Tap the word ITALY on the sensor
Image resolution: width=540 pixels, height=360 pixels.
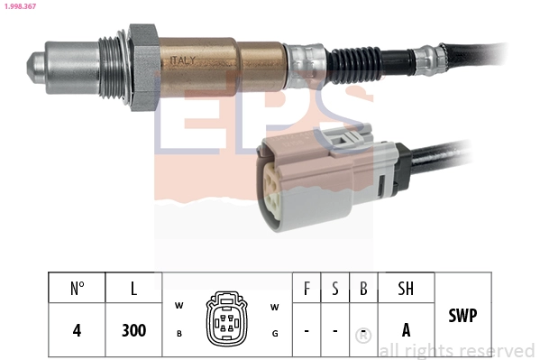tap(185, 60)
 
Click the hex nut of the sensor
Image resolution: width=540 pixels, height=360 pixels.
tap(143, 69)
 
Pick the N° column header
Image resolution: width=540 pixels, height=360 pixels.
tap(78, 289)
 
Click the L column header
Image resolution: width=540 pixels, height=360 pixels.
tap(133, 289)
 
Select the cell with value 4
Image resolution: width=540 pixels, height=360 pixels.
tap(78, 330)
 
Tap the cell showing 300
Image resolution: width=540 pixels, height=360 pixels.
tap(133, 330)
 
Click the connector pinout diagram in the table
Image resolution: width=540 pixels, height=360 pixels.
tap(226, 318)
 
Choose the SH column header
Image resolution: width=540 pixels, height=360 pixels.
tap(406, 289)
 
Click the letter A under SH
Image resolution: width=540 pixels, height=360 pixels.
tap(406, 330)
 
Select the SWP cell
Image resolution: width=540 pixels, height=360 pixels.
tap(462, 316)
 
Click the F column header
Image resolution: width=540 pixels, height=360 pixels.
tap(307, 289)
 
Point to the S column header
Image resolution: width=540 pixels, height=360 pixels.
tap(334, 289)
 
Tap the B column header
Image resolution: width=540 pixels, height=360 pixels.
tap(362, 289)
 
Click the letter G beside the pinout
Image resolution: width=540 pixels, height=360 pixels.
tap(274, 333)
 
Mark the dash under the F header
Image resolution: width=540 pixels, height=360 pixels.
tap(307, 331)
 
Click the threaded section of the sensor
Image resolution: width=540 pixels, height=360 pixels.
tap(113, 67)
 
